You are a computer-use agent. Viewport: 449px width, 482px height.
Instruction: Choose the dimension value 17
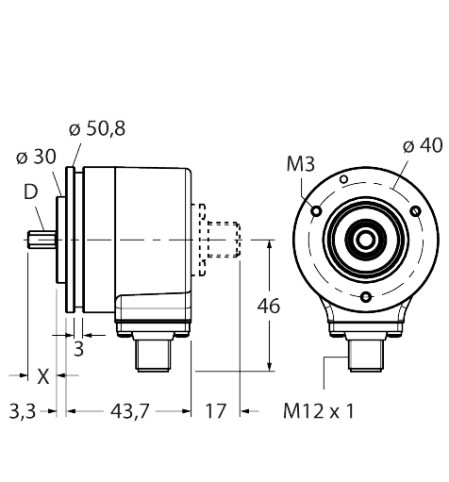[x=217, y=411]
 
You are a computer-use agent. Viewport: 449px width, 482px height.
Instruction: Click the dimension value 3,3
[x=23, y=411]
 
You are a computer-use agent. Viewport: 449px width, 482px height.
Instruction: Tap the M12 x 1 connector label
[x=321, y=411]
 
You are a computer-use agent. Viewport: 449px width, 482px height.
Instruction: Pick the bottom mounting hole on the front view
[x=364, y=297]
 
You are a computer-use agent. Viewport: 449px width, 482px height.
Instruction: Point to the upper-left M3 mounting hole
[x=316, y=210]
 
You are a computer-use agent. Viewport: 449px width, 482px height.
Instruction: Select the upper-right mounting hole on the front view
[x=412, y=210]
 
